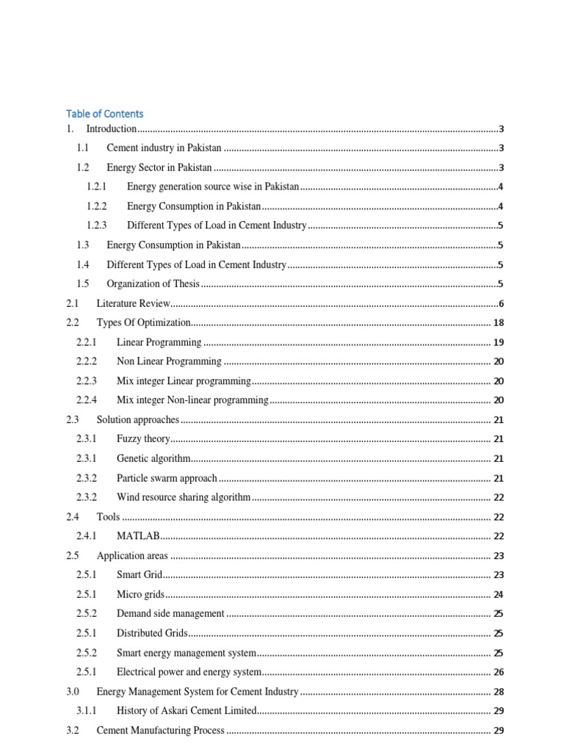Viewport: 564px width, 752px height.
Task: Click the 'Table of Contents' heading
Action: pyautogui.click(x=104, y=114)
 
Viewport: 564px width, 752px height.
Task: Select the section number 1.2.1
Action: pyautogui.click(x=97, y=187)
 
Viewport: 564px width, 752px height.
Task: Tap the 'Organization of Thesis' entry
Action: pyautogui.click(x=153, y=284)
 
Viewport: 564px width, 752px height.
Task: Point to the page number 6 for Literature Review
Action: pyautogui.click(x=501, y=304)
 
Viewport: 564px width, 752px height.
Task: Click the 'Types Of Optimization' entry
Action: pyautogui.click(x=143, y=322)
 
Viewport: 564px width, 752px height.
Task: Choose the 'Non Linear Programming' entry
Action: pyautogui.click(x=169, y=361)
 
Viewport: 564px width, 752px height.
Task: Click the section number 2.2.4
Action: pyautogui.click(x=87, y=400)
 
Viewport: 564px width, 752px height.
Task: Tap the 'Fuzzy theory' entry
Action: pyautogui.click(x=143, y=439)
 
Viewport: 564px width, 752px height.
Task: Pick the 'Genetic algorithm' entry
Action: pyautogui.click(x=153, y=459)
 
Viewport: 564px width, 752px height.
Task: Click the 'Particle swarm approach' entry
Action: pyautogui.click(x=167, y=478)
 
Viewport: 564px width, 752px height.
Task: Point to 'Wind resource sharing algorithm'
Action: pyautogui.click(x=184, y=497)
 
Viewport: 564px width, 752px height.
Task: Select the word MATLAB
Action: pyautogui.click(x=138, y=537)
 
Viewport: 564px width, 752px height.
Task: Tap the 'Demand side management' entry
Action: pyautogui.click(x=170, y=614)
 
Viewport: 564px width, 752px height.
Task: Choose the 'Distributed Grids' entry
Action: pyautogui.click(x=152, y=633)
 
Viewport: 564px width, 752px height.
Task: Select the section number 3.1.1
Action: pyautogui.click(x=87, y=711)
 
